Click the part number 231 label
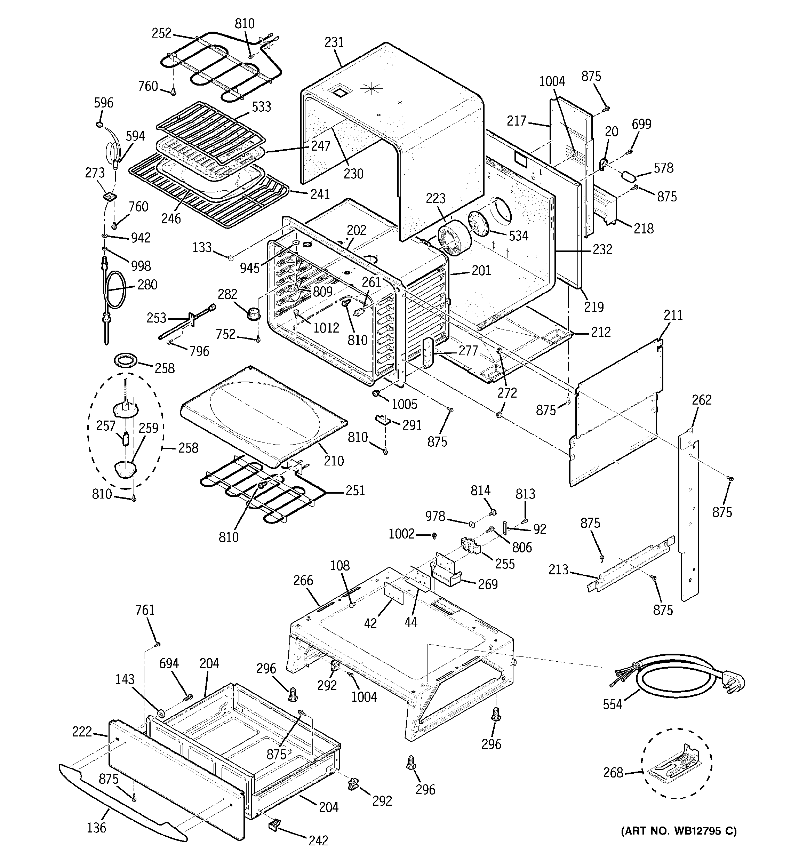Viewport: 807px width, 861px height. (334, 42)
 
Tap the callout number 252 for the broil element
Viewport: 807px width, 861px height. (161, 33)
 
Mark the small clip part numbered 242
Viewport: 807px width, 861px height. (274, 822)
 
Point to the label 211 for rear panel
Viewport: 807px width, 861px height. (673, 315)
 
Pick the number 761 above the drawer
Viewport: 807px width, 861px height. (145, 610)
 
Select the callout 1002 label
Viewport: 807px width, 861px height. (401, 534)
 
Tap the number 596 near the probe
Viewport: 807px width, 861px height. (104, 103)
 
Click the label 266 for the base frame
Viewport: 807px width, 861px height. (303, 580)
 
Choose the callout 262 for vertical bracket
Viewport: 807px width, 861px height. (701, 399)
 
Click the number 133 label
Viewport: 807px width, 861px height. (202, 247)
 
